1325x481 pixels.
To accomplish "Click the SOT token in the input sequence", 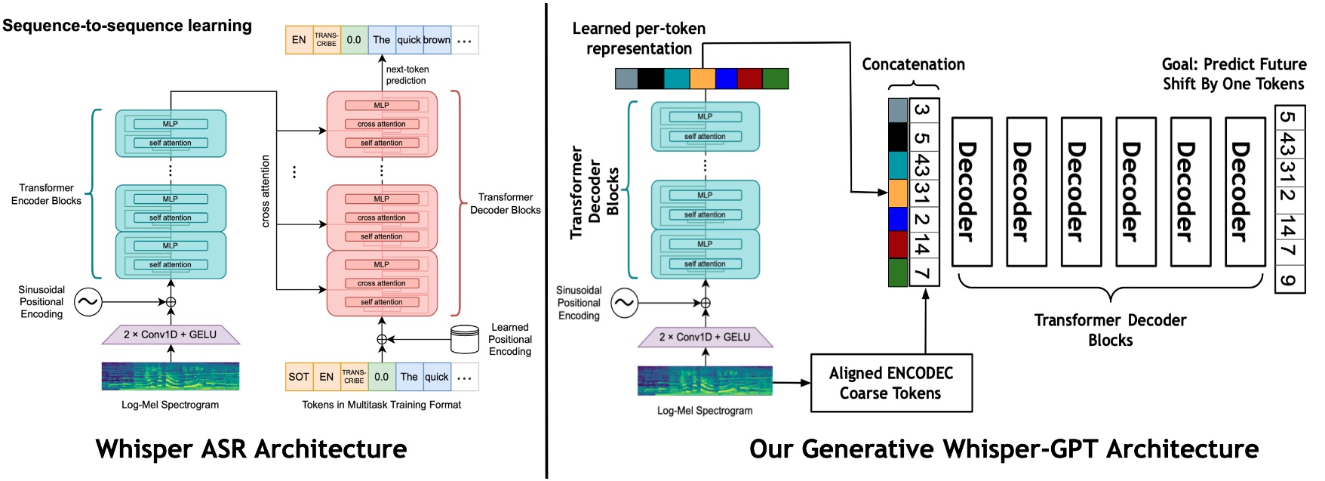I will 299,377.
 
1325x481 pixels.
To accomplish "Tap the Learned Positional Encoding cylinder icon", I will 464,340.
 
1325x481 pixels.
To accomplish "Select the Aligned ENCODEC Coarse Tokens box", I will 891,383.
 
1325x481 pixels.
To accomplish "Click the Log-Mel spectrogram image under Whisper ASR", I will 171,376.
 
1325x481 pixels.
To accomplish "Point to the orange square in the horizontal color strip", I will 702,79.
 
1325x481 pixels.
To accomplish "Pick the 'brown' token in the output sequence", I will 437,40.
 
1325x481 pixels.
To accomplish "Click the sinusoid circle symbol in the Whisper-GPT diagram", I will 624,304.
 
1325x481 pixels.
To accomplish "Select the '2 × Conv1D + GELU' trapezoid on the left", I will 171,334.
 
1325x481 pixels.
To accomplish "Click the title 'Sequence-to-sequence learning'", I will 127,25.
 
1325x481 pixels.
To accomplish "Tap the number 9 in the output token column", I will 1289,281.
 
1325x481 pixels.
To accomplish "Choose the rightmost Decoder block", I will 1244,192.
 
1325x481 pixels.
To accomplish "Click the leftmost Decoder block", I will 972,192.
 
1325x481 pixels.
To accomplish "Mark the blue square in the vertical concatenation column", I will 898,219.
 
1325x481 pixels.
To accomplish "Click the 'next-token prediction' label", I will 407,75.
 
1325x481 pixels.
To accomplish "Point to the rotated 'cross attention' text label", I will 266,191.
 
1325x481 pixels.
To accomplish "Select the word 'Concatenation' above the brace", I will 913,64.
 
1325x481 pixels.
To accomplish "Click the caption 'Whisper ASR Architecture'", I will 251,449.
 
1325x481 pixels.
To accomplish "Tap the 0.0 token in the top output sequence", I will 354,40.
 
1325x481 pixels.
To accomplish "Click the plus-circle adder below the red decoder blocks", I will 382,340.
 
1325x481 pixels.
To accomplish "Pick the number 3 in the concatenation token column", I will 924,110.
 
